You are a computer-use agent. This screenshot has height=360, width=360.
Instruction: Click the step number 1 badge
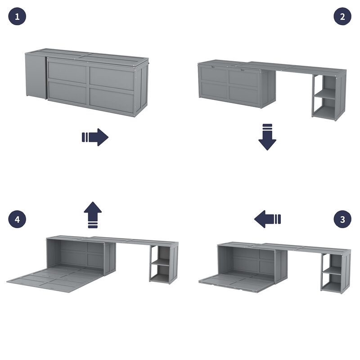[17, 17]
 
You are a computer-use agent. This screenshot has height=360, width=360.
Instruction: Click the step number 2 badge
[342, 17]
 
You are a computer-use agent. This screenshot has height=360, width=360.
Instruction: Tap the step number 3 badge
[342, 220]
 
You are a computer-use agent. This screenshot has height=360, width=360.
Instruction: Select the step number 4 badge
[17, 220]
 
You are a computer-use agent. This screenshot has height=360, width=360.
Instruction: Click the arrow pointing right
[95, 137]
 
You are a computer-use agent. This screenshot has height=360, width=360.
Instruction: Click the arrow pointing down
[267, 137]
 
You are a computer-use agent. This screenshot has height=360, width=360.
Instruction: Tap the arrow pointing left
[267, 220]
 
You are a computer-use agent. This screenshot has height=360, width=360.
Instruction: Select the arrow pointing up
[93, 215]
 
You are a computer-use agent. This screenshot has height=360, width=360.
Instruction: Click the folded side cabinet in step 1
[36, 76]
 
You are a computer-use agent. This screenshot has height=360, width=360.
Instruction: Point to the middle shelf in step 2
[325, 94]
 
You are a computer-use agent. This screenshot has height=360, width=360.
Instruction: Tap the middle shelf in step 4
[160, 262]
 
